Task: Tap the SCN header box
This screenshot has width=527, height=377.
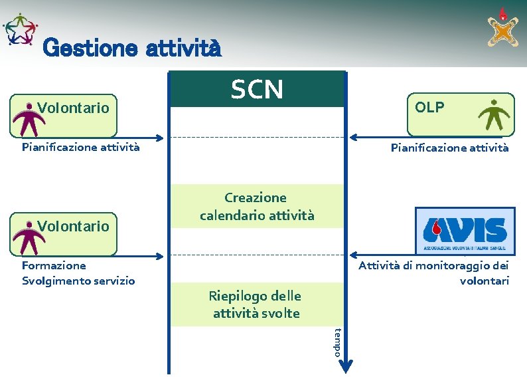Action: pos(257,89)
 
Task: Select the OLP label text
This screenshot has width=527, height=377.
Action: pos(429,108)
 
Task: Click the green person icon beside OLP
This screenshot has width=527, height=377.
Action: pos(495,114)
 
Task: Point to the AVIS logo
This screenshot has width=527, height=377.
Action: pos(465,231)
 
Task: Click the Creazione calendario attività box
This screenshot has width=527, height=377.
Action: pos(257,206)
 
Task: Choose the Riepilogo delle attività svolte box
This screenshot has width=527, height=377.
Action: pos(256,305)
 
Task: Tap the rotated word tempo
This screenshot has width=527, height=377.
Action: pos(338,342)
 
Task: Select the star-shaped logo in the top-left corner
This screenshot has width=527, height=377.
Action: pos(21,30)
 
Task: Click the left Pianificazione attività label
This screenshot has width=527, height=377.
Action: pos(80,147)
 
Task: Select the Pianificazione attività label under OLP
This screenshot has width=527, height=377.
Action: pos(449,148)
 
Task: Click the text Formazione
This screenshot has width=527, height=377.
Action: pos(54,266)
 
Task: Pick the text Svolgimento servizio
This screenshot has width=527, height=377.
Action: pos(78,281)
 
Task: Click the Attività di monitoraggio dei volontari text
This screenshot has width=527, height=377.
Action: pos(433,273)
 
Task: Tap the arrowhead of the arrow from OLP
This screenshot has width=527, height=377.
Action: pos(352,138)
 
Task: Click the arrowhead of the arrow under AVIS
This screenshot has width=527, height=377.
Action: pos(352,255)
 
